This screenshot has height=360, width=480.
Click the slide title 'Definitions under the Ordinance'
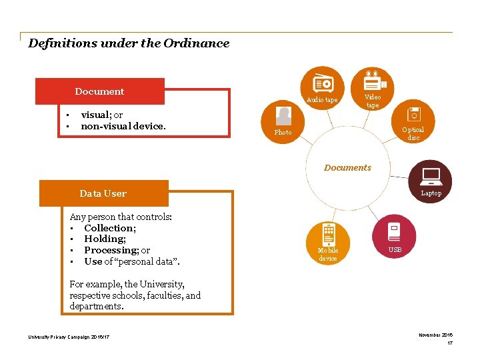tap(129, 43)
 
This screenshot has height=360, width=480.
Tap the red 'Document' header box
tap(99, 91)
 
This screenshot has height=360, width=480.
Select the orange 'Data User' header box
tap(103, 193)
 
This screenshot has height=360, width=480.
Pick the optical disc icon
tap(414, 114)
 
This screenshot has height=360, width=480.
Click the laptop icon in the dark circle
tap(431, 176)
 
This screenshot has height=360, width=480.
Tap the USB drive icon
tap(394, 231)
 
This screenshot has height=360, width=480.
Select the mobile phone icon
tap(329, 234)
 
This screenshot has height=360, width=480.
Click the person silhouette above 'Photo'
tap(283, 117)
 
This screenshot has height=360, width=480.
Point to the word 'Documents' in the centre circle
tap(347, 168)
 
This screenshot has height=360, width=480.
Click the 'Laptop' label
tap(431, 193)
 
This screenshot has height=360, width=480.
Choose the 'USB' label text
tap(395, 250)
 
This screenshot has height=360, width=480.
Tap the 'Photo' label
tap(283, 133)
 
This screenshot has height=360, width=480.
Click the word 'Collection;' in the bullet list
tap(110, 228)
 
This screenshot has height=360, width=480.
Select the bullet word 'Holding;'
tap(105, 239)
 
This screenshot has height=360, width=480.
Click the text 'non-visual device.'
tap(123, 125)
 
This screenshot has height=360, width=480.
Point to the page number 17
tap(450, 343)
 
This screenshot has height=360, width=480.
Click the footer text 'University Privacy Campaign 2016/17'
tap(69, 337)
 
